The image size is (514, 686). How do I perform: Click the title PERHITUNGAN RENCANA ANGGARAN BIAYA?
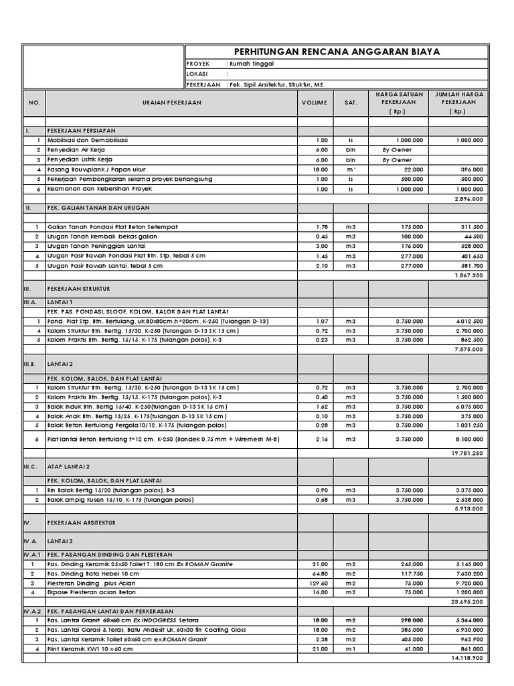click(337, 52)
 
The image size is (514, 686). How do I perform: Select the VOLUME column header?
click(314, 103)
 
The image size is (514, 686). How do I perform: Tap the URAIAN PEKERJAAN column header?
click(171, 103)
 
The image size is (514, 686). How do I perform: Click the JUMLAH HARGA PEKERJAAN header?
click(459, 103)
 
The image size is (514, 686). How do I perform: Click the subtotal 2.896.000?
click(469, 200)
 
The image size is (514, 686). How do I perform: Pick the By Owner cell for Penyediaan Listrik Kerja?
click(397, 161)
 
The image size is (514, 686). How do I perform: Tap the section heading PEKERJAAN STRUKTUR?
click(78, 288)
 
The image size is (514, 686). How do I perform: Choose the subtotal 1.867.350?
click(469, 275)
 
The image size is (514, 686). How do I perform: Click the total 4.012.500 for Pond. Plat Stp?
click(469, 322)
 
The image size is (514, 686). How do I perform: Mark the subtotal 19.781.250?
click(468, 453)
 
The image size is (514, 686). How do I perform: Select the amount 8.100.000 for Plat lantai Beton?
click(469, 439)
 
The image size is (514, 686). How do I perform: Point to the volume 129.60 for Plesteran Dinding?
click(319, 583)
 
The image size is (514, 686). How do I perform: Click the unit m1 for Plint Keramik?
click(350, 649)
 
